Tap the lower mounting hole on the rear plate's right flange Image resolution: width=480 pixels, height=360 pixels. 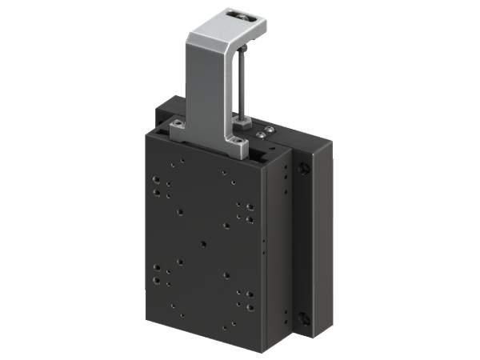[x=305, y=318]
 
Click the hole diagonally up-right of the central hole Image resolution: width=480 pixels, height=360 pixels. [x=227, y=225]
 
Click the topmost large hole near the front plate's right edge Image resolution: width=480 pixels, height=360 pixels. [x=250, y=206]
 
